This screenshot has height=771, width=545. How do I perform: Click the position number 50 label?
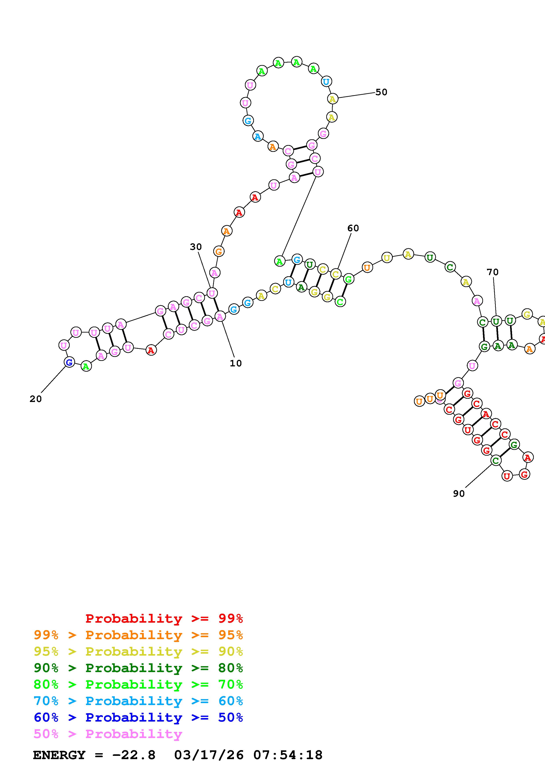point(381,92)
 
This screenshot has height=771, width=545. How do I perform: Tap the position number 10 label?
point(236,363)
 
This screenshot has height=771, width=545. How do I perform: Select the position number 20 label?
point(36,399)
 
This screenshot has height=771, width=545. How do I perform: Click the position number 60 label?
point(353,228)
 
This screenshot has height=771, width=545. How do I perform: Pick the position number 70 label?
point(493,272)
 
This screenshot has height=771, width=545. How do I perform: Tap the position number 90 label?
point(459,494)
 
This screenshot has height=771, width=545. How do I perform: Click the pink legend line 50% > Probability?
point(108,734)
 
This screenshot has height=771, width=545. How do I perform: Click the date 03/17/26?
point(209,755)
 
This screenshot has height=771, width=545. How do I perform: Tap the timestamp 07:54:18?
point(288,755)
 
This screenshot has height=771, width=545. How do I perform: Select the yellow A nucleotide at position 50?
point(332,99)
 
